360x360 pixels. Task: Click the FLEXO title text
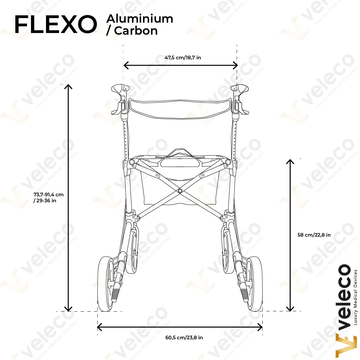click(x=56, y=24)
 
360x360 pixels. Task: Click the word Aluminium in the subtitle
click(x=140, y=19)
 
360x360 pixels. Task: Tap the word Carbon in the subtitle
click(x=136, y=31)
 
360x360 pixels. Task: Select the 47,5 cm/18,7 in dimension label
click(x=183, y=57)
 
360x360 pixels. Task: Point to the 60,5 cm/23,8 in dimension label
click(x=184, y=337)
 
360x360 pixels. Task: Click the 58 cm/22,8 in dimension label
click(x=314, y=235)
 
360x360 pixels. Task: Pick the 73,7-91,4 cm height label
click(x=48, y=195)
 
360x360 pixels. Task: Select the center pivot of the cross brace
click(x=180, y=191)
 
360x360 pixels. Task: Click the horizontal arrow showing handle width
click(x=180, y=65)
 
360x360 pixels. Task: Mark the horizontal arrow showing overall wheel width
click(x=180, y=327)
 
